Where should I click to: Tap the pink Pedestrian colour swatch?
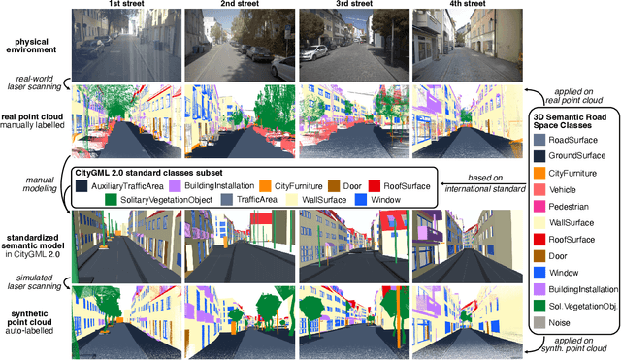click(x=539, y=205)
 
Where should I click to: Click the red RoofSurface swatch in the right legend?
click(x=539, y=238)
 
